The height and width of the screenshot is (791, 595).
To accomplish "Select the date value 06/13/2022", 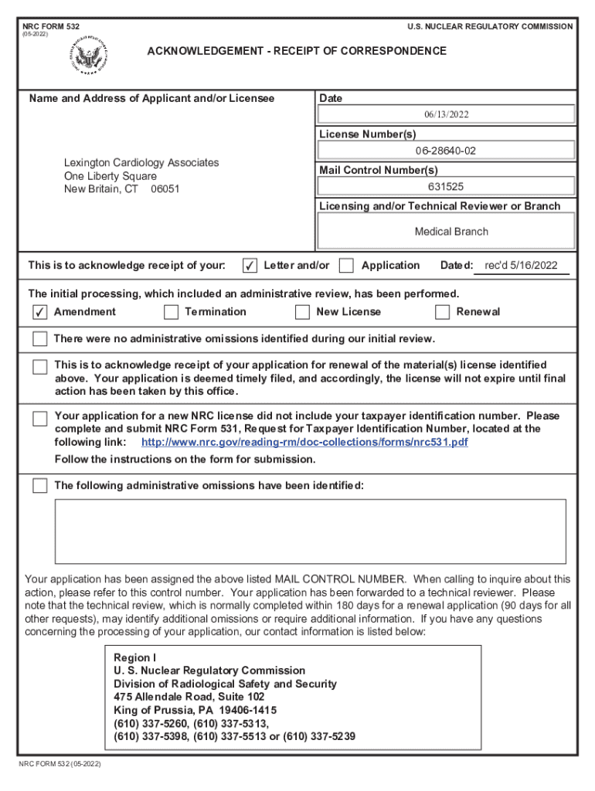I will tap(446, 114).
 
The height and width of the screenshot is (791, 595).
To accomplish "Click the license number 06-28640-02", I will tap(446, 151).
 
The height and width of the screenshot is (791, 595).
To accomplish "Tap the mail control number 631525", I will tap(446, 186).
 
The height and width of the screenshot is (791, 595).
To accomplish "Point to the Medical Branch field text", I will tap(451, 231).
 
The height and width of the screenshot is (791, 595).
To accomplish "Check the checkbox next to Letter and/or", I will tap(250, 266).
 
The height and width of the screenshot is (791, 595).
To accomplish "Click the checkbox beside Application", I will tap(347, 266).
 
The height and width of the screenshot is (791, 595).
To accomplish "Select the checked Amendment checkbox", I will tap(39, 312).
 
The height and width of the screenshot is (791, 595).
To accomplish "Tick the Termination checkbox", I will tap(171, 312).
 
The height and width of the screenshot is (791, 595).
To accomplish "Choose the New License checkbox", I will tap(302, 312).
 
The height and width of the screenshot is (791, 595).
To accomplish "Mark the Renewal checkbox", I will tap(442, 312).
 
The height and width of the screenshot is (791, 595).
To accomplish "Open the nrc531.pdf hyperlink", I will tap(304, 443).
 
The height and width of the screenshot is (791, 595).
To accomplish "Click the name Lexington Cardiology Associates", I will tap(141, 162).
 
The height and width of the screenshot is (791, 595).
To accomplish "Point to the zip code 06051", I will tap(165, 189).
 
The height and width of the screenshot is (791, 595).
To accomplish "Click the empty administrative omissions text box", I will tap(310, 530).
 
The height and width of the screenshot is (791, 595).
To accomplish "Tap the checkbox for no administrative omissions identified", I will tap(39, 339).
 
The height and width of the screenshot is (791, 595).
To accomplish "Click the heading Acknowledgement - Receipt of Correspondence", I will tap(297, 51).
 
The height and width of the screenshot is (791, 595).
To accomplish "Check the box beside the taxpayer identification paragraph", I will tap(39, 419).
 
